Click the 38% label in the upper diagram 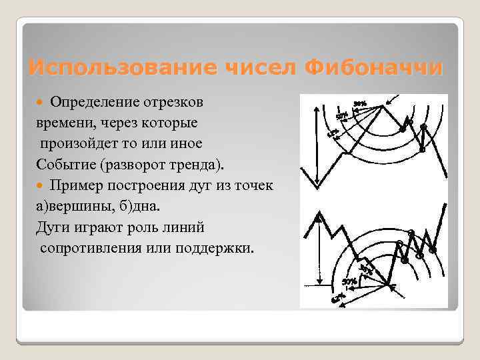point(360,103)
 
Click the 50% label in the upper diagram point(341,116)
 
